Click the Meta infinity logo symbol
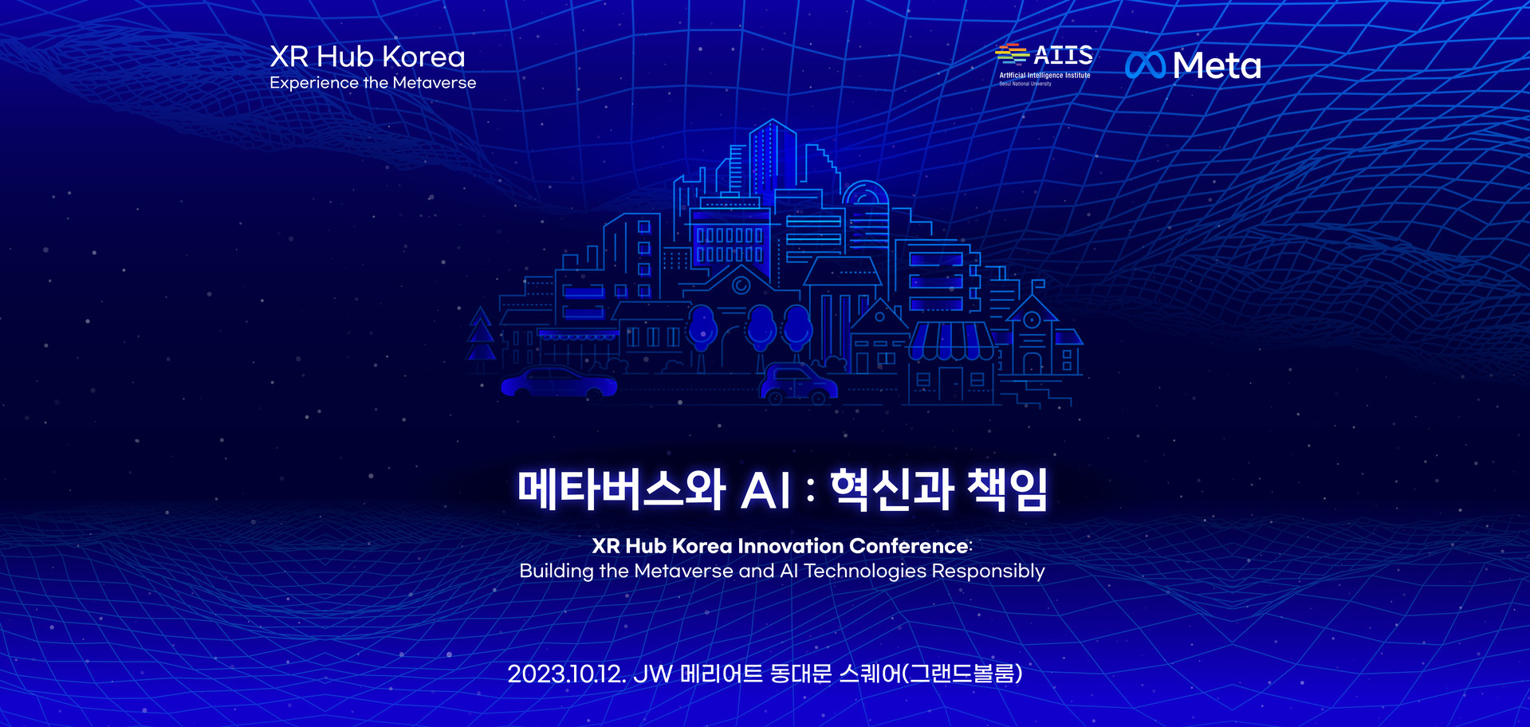(1146, 65)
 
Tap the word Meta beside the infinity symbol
(1217, 65)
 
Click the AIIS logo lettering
(1064, 55)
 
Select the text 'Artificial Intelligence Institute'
(1044, 75)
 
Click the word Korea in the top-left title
(423, 57)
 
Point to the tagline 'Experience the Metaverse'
(372, 83)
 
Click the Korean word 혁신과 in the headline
(891, 489)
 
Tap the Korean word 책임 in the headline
(1007, 489)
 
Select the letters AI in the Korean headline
(766, 490)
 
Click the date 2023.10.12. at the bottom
(567, 674)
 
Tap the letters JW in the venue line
(653, 674)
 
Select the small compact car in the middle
(798, 383)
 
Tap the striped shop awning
(951, 341)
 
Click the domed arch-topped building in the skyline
(866, 215)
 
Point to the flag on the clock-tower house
(1038, 284)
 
